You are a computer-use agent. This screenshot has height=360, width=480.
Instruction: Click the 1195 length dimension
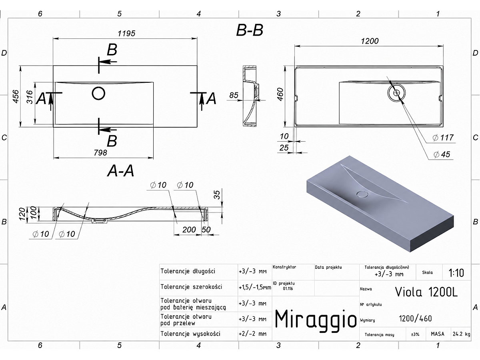click(126, 34)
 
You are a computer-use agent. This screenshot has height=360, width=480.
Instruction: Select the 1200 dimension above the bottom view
click(370, 41)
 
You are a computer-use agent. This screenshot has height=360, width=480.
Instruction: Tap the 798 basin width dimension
click(100, 152)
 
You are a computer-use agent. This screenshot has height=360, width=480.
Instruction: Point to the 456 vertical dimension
click(16, 96)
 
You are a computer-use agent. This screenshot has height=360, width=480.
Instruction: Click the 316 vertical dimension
click(29, 97)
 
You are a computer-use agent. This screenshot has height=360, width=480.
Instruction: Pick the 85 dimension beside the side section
click(234, 95)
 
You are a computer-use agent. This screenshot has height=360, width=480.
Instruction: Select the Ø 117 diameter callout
click(443, 138)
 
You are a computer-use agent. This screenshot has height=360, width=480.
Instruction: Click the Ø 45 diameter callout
click(442, 154)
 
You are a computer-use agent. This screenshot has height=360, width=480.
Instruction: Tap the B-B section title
click(250, 30)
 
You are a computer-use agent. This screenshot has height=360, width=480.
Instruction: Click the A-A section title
click(120, 171)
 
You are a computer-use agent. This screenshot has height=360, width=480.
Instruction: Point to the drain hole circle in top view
click(98, 93)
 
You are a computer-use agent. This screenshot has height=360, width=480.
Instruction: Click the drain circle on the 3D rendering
click(362, 194)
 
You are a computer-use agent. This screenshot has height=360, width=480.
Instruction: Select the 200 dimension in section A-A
click(189, 230)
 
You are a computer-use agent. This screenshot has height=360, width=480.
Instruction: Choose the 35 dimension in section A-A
click(217, 195)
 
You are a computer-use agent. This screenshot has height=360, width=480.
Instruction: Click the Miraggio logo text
click(316, 320)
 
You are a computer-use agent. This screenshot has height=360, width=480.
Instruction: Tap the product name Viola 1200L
click(426, 292)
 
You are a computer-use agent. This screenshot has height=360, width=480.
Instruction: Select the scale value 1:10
click(456, 273)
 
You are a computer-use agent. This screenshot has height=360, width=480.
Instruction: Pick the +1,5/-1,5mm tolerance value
click(255, 287)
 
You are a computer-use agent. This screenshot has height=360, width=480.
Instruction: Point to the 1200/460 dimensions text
click(415, 319)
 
